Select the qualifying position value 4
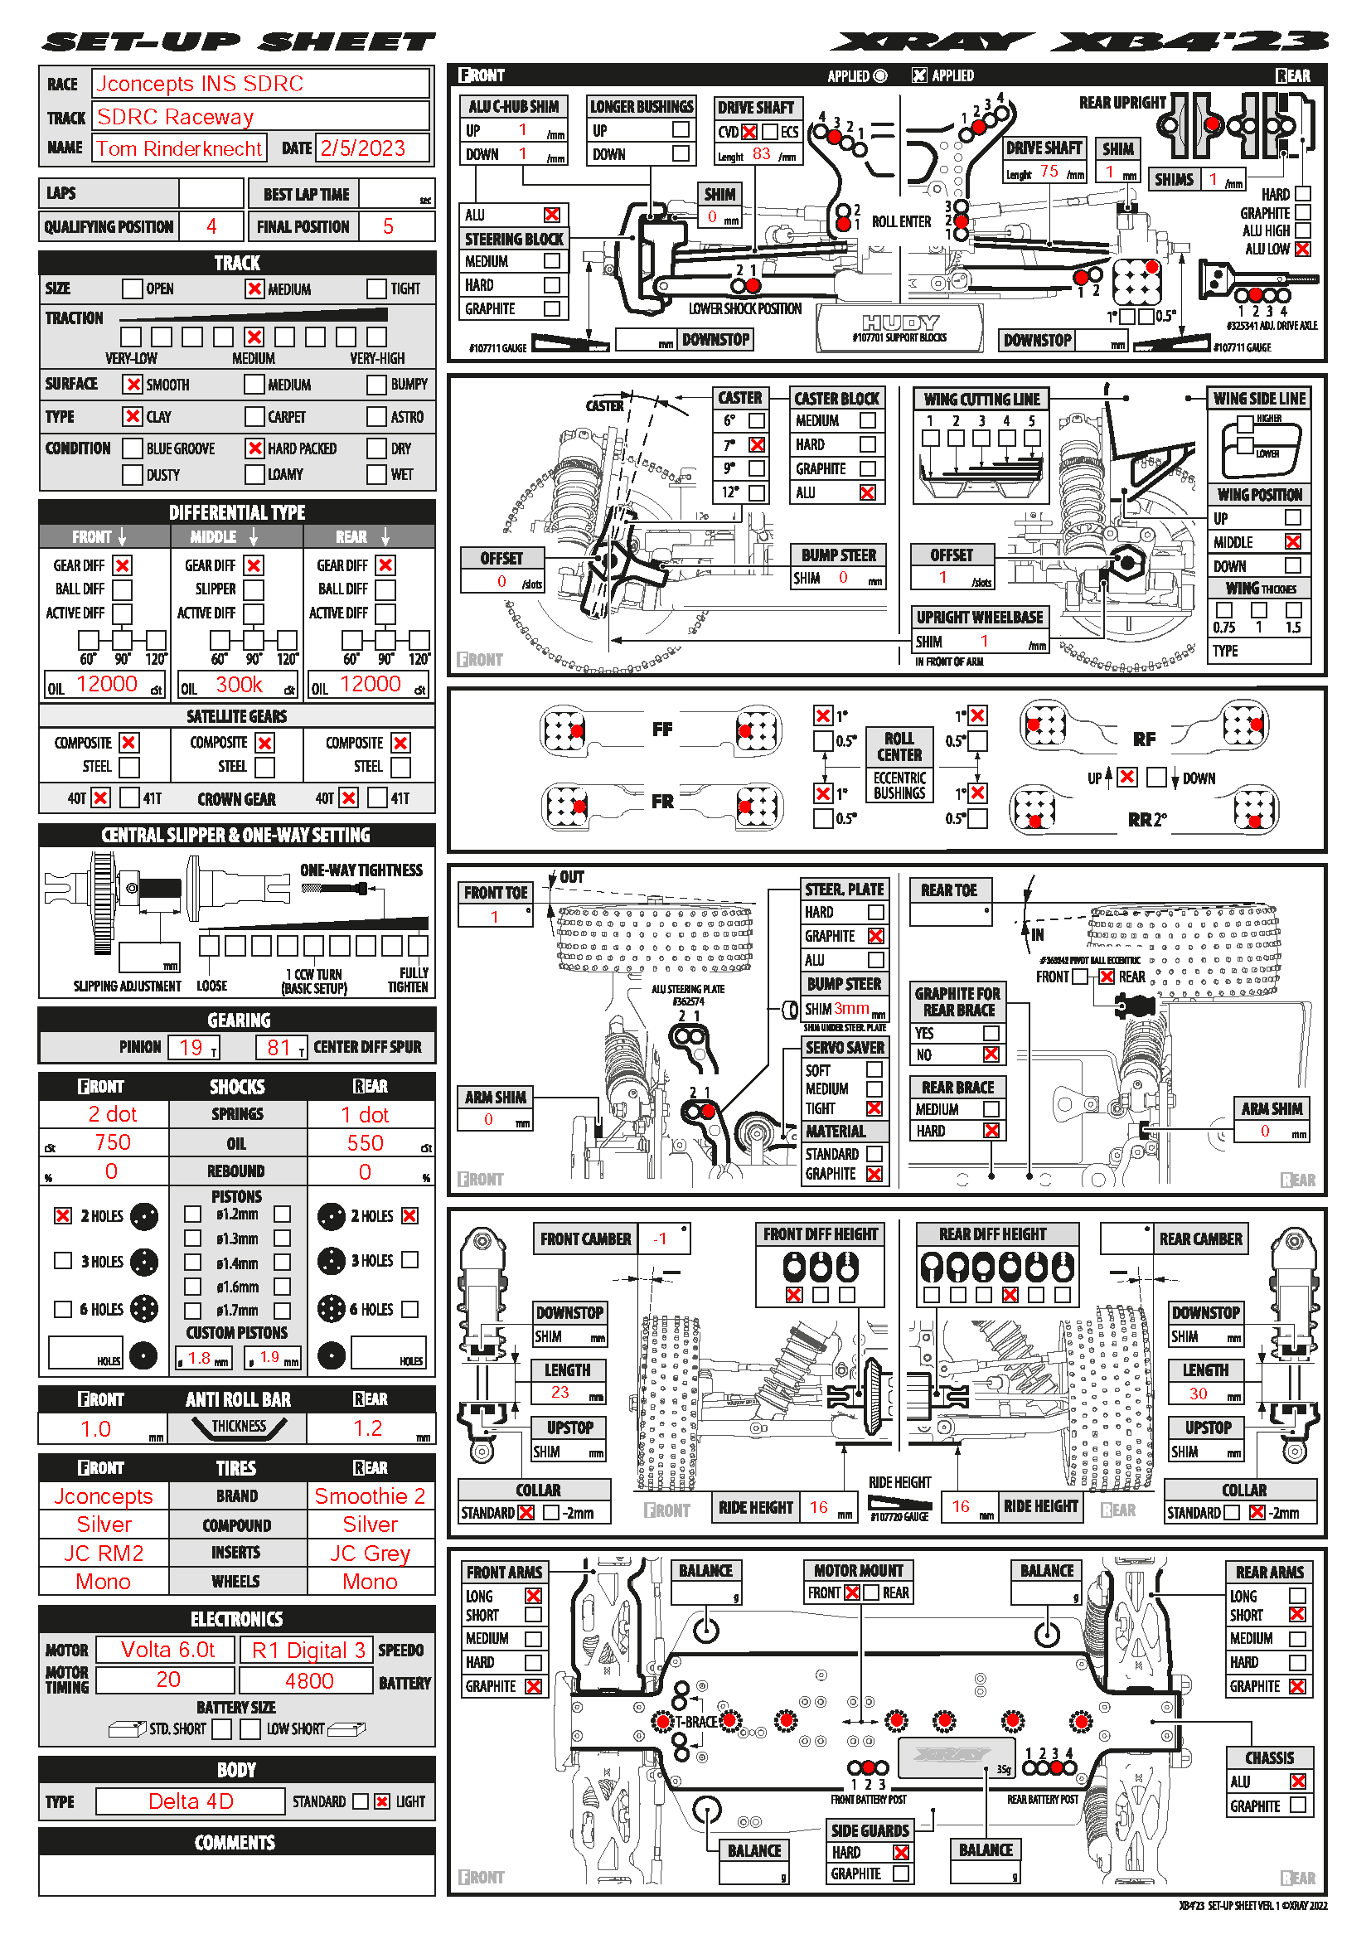coord(211,226)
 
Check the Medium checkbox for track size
coord(254,288)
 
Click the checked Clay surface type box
coord(132,416)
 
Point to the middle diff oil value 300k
coord(239,685)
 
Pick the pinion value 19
coord(192,1047)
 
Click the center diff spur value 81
coord(279,1047)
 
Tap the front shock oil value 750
coord(112,1142)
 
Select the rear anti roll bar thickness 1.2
coord(368,1428)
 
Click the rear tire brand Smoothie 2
coord(370,1495)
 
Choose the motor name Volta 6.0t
coord(167,1650)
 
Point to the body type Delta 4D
coord(191,1801)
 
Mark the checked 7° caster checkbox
coord(757,444)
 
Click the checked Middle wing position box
coord(1292,541)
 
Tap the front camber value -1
coord(660,1239)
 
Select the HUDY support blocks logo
coord(900,327)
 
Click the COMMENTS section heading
coord(235,1843)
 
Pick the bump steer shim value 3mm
coord(851,1008)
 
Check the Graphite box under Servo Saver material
coord(874,1174)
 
